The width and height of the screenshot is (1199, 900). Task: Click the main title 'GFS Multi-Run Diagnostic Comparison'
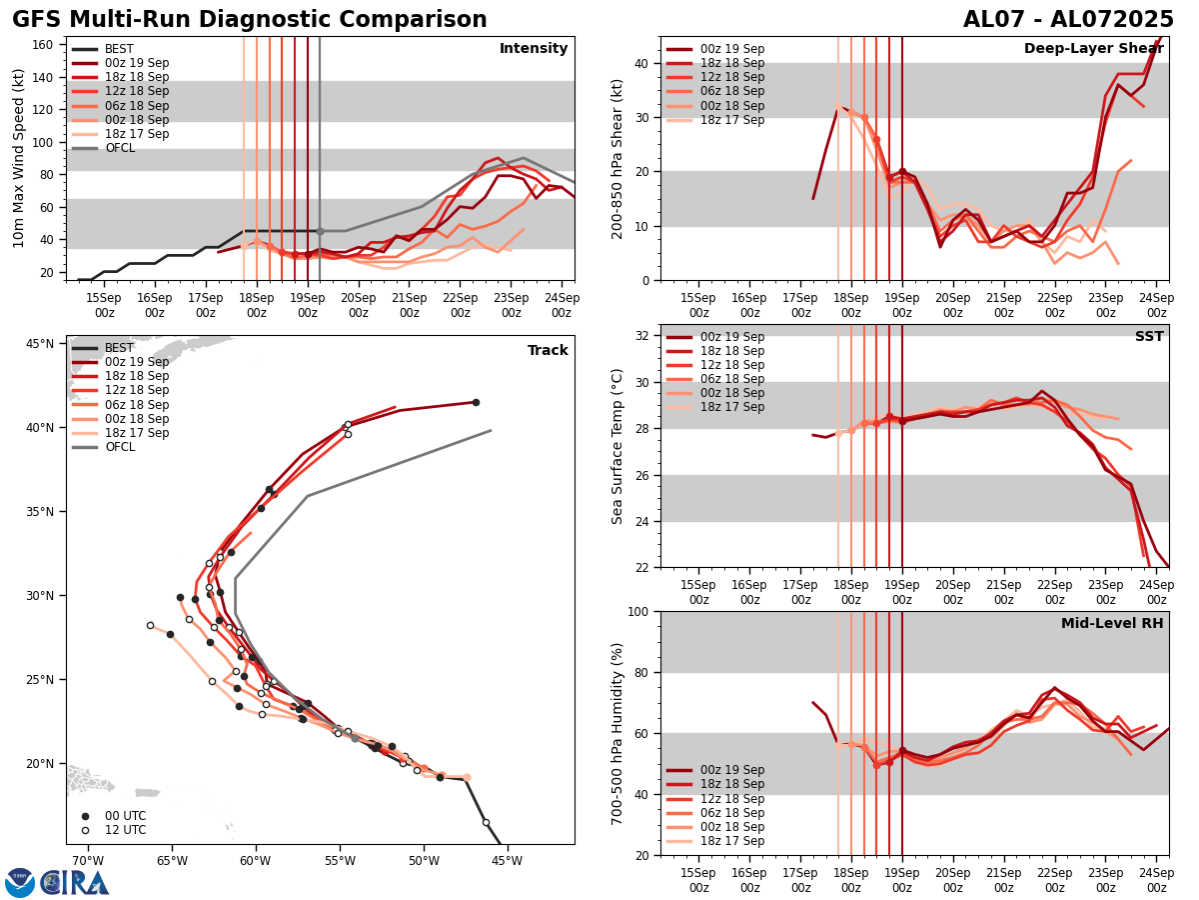[x=250, y=20]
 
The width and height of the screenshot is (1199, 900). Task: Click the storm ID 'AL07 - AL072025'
[x=1068, y=20]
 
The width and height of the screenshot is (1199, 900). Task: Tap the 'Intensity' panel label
[x=534, y=49]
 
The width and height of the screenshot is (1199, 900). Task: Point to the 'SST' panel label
[x=1148, y=337]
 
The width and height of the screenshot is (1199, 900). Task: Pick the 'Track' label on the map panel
[x=548, y=351]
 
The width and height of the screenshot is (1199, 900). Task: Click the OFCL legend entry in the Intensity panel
[x=119, y=148]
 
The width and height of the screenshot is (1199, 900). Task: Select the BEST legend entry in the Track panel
[x=119, y=348]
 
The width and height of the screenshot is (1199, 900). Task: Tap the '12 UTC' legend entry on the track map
[x=125, y=830]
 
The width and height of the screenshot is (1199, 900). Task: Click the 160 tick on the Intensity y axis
[x=43, y=44]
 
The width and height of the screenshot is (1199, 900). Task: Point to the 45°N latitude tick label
[x=39, y=344]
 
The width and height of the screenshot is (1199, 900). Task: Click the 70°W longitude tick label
[x=87, y=862]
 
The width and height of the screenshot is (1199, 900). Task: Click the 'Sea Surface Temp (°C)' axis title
[x=617, y=446]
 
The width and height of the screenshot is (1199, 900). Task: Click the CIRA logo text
[x=76, y=883]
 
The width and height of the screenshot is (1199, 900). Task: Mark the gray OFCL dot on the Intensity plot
[x=320, y=231]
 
